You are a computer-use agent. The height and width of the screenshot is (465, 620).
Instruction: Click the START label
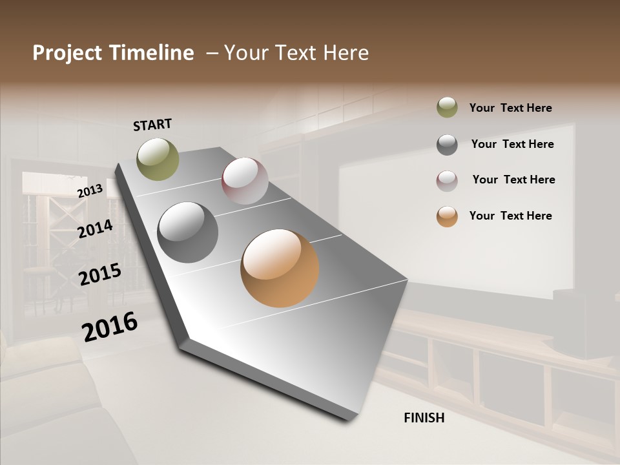point(152,125)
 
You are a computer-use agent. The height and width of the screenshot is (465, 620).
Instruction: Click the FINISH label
point(424,418)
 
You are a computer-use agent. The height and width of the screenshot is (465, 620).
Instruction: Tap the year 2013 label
point(90,191)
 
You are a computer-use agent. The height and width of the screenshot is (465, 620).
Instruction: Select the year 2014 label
point(95,229)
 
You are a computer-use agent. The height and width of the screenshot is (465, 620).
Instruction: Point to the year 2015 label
point(100,274)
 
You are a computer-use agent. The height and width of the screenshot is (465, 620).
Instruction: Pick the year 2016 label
point(110,326)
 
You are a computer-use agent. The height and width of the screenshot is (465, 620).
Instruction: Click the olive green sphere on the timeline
point(158,159)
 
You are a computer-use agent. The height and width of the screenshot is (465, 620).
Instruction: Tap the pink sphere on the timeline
point(245,181)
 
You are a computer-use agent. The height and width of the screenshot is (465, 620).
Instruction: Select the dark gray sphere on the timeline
point(188,232)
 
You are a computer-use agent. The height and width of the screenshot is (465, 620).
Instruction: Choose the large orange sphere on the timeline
point(280,268)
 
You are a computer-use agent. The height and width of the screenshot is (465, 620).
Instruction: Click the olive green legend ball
point(447,108)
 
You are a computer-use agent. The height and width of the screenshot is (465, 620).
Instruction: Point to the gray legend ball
point(447,145)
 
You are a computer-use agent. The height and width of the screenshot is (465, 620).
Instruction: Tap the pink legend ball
point(447,181)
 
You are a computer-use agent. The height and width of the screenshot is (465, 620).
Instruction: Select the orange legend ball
point(447,216)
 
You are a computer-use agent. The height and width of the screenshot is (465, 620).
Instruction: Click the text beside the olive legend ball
point(510,108)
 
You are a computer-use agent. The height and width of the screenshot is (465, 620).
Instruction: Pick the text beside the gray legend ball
point(512,144)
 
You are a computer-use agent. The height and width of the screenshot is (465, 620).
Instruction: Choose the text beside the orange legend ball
point(510,216)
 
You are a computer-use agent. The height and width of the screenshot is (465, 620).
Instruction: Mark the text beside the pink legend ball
point(513,180)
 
